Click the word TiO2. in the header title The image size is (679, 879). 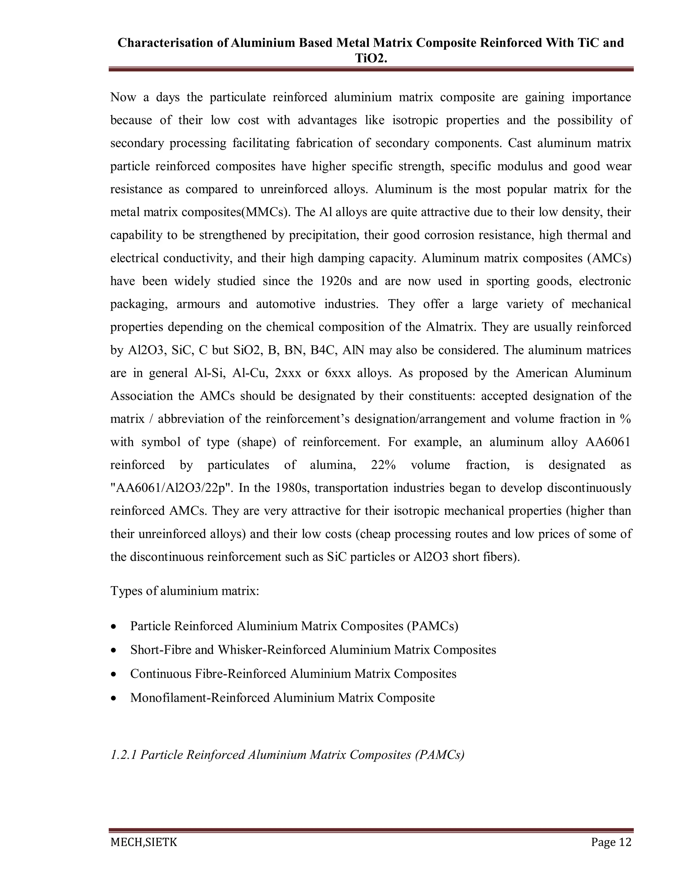click(371, 59)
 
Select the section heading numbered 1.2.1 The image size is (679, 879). click(287, 755)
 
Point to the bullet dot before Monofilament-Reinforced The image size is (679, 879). click(115, 698)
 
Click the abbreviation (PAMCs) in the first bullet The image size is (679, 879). click(432, 626)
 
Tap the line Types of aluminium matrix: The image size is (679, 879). click(185, 591)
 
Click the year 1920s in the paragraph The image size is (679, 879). click(336, 281)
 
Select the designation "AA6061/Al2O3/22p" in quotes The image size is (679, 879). click(172, 488)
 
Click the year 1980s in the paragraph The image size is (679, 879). click(293, 488)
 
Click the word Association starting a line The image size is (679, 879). click(141, 396)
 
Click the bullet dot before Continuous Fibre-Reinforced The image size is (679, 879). click(115, 674)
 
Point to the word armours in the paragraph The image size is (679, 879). click(198, 304)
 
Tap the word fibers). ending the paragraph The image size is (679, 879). click(503, 557)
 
